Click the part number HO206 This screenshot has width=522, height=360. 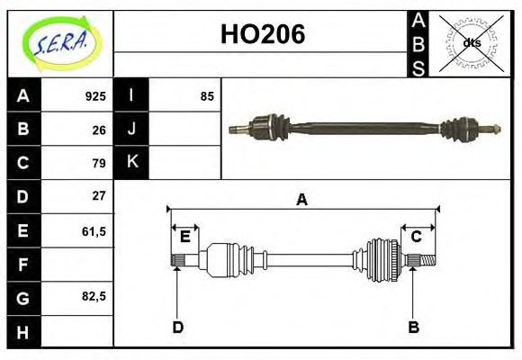[262, 35]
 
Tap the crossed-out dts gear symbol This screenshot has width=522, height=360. [471, 42]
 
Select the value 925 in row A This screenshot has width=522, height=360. [95, 95]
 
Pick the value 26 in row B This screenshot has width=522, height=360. [99, 129]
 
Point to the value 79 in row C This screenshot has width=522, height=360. [99, 163]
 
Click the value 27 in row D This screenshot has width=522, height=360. [99, 195]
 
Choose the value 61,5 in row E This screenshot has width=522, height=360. [94, 230]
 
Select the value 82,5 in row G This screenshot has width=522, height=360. [94, 296]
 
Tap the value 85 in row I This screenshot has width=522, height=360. [207, 95]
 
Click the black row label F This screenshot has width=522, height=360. [23, 264]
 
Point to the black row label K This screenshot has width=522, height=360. [131, 162]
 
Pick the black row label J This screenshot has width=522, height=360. [131, 129]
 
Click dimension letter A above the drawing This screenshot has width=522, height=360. [301, 200]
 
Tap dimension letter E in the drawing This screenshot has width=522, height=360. [184, 237]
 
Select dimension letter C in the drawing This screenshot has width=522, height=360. [417, 237]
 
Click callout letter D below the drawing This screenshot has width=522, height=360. [178, 327]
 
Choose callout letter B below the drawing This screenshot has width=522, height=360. [413, 327]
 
